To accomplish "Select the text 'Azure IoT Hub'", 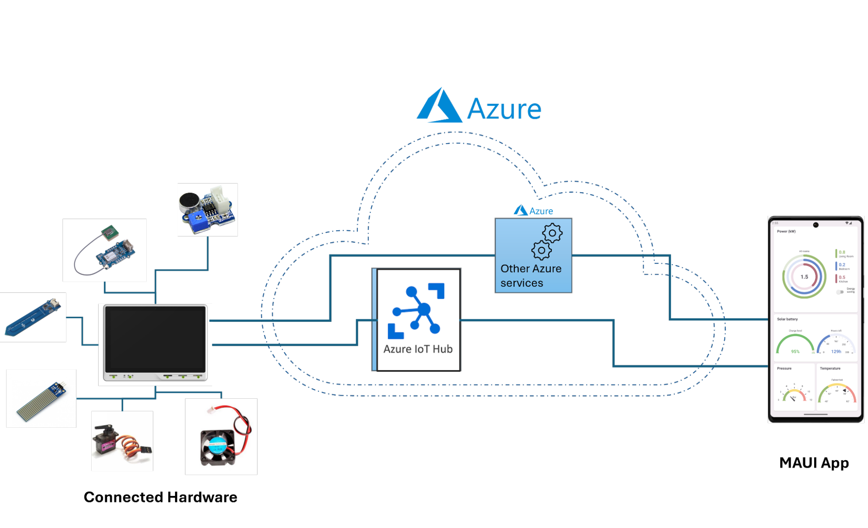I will [x=418, y=349].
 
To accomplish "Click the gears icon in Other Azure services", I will [x=547, y=241].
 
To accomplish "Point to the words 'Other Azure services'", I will [x=531, y=276].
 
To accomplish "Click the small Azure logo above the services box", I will [x=533, y=211].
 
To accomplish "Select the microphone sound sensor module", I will [x=207, y=210].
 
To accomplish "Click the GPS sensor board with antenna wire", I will [x=105, y=250].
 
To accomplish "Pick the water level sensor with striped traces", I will [x=41, y=399].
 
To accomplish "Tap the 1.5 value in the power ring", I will [x=804, y=277].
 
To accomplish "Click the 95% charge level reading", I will [x=795, y=351].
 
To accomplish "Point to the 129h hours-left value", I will [x=836, y=351].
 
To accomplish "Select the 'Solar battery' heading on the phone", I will [x=787, y=319].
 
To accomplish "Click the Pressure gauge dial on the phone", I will [x=794, y=393].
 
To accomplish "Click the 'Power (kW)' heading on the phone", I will [x=786, y=231].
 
